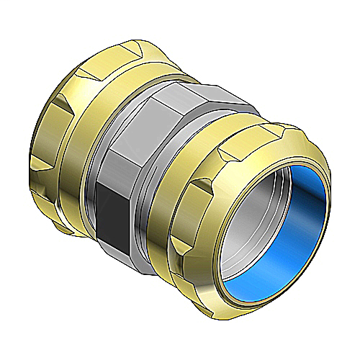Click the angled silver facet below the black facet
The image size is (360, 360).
(x=130, y=245)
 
